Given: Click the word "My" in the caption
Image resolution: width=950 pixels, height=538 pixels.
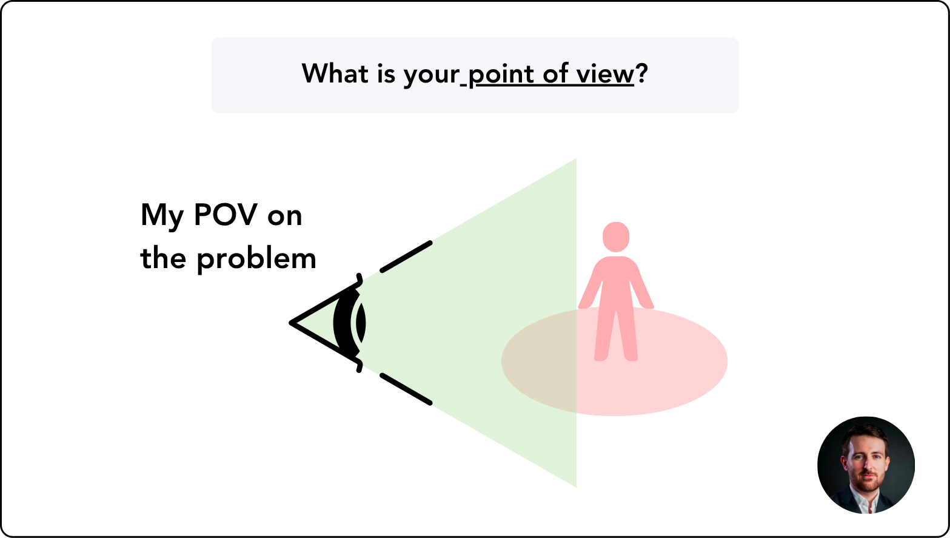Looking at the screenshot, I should click(x=162, y=217).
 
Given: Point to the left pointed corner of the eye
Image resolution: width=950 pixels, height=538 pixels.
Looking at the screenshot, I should click(x=292, y=323).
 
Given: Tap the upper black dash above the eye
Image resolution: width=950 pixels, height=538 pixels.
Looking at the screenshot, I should click(x=406, y=257).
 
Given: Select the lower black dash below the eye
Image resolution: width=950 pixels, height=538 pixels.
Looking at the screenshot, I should click(x=406, y=389).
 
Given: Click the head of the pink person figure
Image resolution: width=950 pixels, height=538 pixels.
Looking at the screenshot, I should click(x=616, y=237).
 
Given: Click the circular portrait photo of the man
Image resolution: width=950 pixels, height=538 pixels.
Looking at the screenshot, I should click(x=866, y=465).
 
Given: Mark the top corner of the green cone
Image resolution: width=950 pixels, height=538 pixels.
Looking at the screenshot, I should click(x=575, y=160).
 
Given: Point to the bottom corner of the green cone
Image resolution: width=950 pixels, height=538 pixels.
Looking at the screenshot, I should click(x=575, y=485).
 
